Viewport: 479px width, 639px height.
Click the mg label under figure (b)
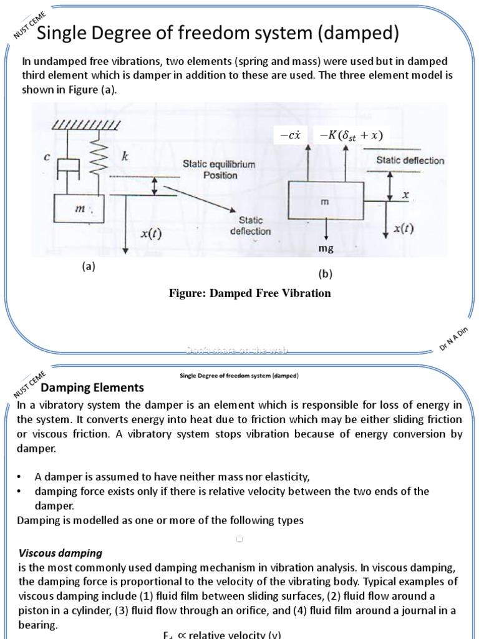pyautogui.click(x=326, y=248)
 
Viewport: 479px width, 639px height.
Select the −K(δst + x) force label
pyautogui.click(x=351, y=135)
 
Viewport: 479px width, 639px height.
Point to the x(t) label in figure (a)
pyautogui.click(x=149, y=234)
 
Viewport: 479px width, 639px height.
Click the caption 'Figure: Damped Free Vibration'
pyautogui.click(x=249, y=293)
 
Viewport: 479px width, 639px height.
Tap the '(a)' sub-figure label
pyautogui.click(x=89, y=266)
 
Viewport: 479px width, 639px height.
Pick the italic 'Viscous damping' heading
pyautogui.click(x=60, y=553)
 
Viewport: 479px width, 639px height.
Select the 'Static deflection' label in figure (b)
pyautogui.click(x=410, y=160)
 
